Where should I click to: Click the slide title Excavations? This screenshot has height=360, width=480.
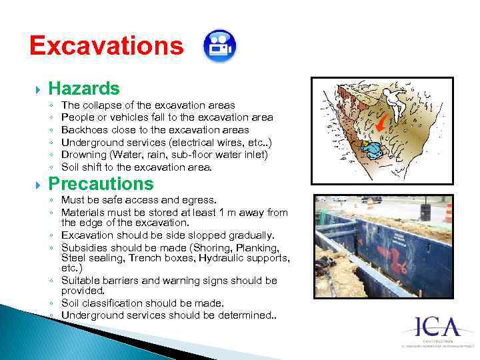point(106,45)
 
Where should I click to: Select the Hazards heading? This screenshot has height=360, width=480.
point(84,88)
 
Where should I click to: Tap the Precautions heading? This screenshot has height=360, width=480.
point(101,183)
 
